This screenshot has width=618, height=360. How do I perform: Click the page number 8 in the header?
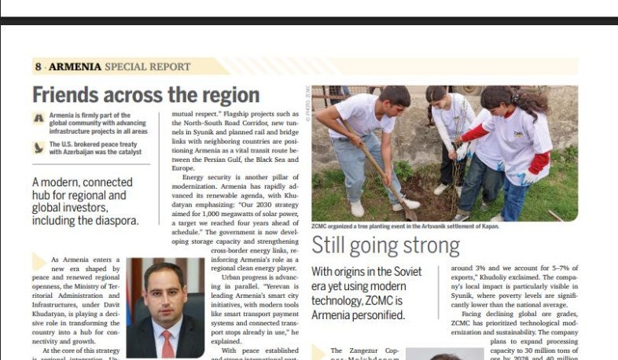tap(38, 67)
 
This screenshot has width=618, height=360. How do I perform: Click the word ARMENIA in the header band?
tap(75, 67)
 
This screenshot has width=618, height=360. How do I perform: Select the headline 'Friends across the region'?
tap(145, 95)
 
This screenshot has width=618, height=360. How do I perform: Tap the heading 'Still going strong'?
tap(385, 245)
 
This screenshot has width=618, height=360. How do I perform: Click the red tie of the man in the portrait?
tap(167, 343)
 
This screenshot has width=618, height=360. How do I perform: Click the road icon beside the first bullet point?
tap(39, 118)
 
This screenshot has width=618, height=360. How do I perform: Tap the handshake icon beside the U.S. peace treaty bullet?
tap(39, 147)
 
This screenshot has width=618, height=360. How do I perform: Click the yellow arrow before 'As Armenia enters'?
tap(39, 261)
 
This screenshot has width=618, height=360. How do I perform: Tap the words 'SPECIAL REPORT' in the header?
tap(148, 67)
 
